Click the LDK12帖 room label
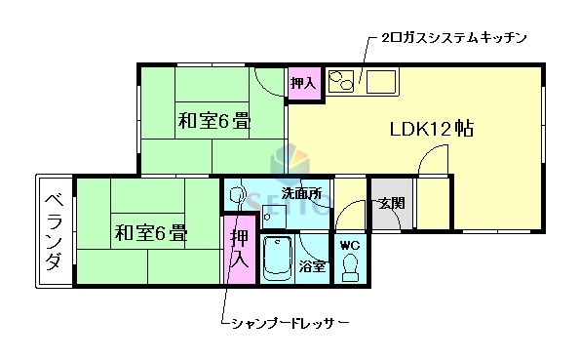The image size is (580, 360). [432, 129]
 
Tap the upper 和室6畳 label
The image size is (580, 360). [213, 123]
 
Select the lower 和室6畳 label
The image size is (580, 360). [150, 233]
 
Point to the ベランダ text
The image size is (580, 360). [55, 231]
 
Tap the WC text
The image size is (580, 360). [349, 246]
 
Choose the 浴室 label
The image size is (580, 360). [313, 266]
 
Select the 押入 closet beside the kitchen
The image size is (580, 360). [303, 83]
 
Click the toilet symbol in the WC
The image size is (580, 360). [350, 265]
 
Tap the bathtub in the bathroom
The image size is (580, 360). [279, 259]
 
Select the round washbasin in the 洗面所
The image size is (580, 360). [236, 196]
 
